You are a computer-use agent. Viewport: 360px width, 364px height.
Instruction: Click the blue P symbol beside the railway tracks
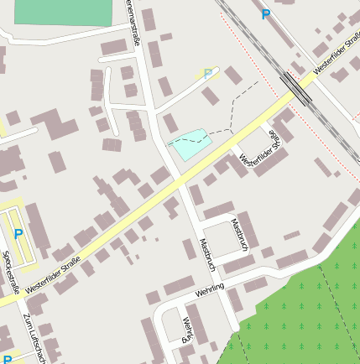click(x=266, y=14)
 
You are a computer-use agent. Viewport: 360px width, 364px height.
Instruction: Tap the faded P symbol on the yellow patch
click(x=208, y=75)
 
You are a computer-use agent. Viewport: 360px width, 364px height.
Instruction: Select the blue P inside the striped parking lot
click(x=18, y=235)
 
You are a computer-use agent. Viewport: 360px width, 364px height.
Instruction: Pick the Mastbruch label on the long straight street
click(x=206, y=255)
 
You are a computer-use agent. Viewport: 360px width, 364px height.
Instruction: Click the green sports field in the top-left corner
click(x=63, y=13)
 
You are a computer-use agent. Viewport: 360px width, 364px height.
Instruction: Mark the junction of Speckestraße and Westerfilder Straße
click(x=18, y=299)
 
